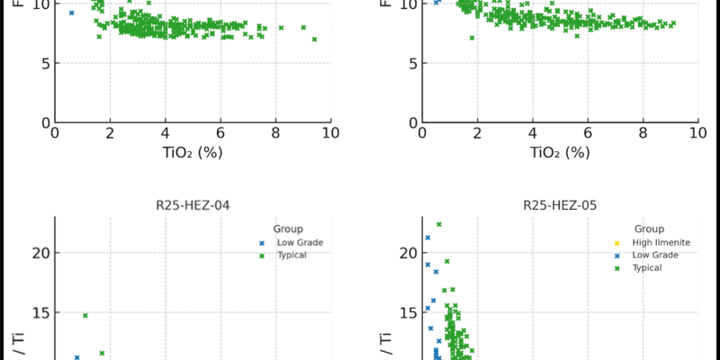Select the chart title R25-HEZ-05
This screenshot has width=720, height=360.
[x=560, y=204]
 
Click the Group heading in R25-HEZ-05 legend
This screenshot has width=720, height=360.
[x=649, y=229]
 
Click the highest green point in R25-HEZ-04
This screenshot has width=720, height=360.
[x=85, y=315]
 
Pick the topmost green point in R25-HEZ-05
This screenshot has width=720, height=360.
[x=438, y=224]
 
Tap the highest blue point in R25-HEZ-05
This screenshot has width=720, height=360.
[x=427, y=238]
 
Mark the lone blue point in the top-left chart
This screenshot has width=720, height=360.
[x=71, y=13]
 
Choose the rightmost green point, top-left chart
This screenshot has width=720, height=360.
[x=314, y=39]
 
